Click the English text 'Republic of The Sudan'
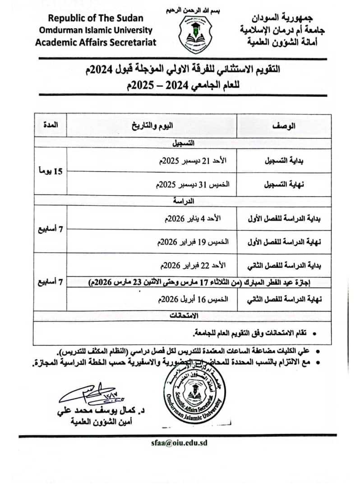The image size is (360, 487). [96, 18]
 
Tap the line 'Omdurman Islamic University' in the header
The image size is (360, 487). [95, 30]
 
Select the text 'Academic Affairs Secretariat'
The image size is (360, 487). [95, 42]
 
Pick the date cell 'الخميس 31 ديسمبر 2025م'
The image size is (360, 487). [192, 185]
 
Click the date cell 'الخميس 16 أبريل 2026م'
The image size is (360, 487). [192, 299]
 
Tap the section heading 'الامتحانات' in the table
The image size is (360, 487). [183, 316]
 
